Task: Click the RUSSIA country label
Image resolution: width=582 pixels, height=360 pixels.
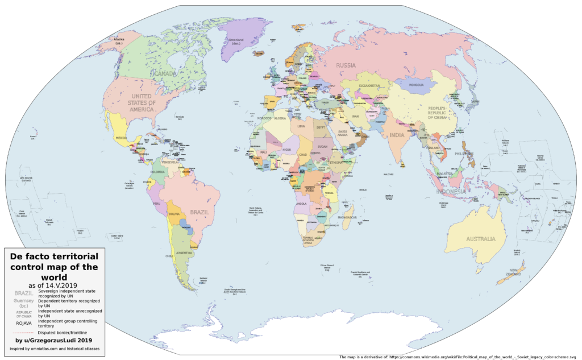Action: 346,65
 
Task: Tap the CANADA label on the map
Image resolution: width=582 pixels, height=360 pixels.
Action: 164,73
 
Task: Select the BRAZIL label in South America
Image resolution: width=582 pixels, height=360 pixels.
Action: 199,212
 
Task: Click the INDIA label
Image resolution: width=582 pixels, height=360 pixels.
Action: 397,135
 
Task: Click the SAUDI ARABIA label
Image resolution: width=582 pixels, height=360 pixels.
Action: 343,133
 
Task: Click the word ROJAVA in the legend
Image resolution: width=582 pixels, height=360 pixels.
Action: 23,323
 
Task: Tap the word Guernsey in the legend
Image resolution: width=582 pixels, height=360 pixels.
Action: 23,301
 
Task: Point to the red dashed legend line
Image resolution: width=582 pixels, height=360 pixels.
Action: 23,332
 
